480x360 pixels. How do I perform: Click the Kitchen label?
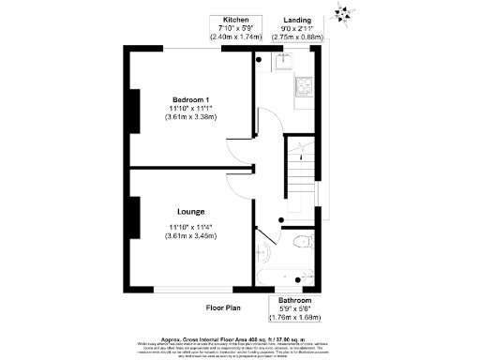pyautogui.click(x=235, y=20)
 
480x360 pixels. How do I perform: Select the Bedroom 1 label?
pyautogui.click(x=190, y=99)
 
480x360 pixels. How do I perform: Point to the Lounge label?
pyautogui.click(x=190, y=213)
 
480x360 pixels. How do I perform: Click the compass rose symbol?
pyautogui.click(x=343, y=12)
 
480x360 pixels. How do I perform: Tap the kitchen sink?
pyautogui.click(x=284, y=63)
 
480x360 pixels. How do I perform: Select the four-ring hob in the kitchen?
pyautogui.click(x=307, y=87)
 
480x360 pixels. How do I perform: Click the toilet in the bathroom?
pyautogui.click(x=303, y=242)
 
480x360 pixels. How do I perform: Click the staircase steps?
pyautogui.click(x=301, y=179)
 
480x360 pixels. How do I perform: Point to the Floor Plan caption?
pyautogui.click(x=224, y=307)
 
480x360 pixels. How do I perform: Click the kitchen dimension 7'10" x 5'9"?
pyautogui.click(x=235, y=28)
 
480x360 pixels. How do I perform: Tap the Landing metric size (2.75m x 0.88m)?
pyautogui.click(x=301, y=37)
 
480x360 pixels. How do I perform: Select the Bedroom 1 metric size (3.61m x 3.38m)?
pyautogui.click(x=190, y=117)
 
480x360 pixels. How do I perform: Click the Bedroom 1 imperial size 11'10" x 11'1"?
pyautogui.click(x=190, y=109)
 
